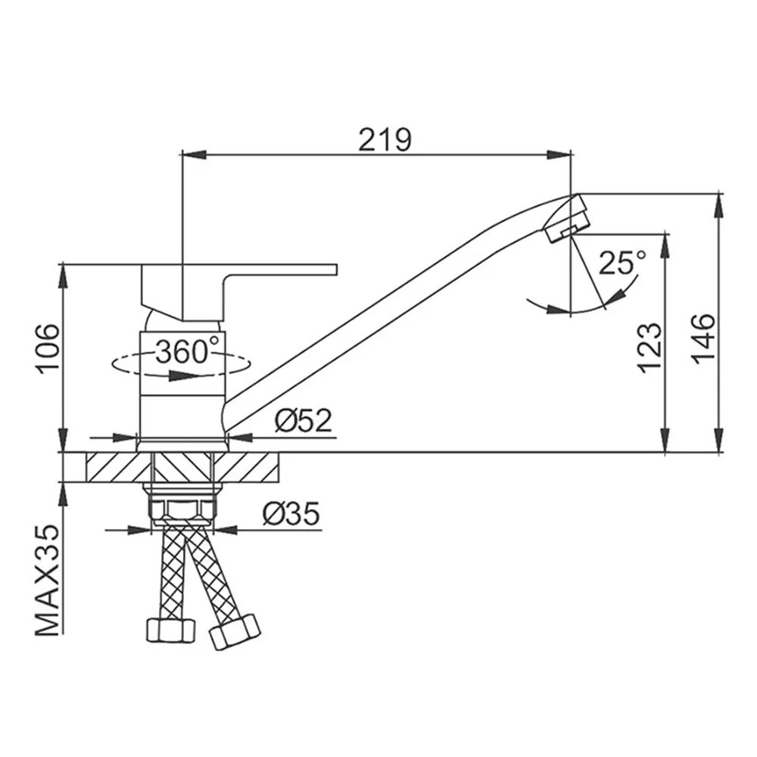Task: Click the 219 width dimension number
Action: tap(385, 139)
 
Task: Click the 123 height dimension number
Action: tap(650, 347)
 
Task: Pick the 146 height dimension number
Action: tap(702, 339)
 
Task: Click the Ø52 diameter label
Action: tap(304, 420)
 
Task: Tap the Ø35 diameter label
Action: tap(291, 514)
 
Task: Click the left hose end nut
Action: tap(171, 630)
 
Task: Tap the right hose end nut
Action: tap(235, 631)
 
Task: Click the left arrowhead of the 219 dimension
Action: tap(192, 154)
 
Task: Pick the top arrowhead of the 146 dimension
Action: tap(720, 206)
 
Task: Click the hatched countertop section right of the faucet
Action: tap(247, 467)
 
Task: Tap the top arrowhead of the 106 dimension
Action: tap(64, 277)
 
